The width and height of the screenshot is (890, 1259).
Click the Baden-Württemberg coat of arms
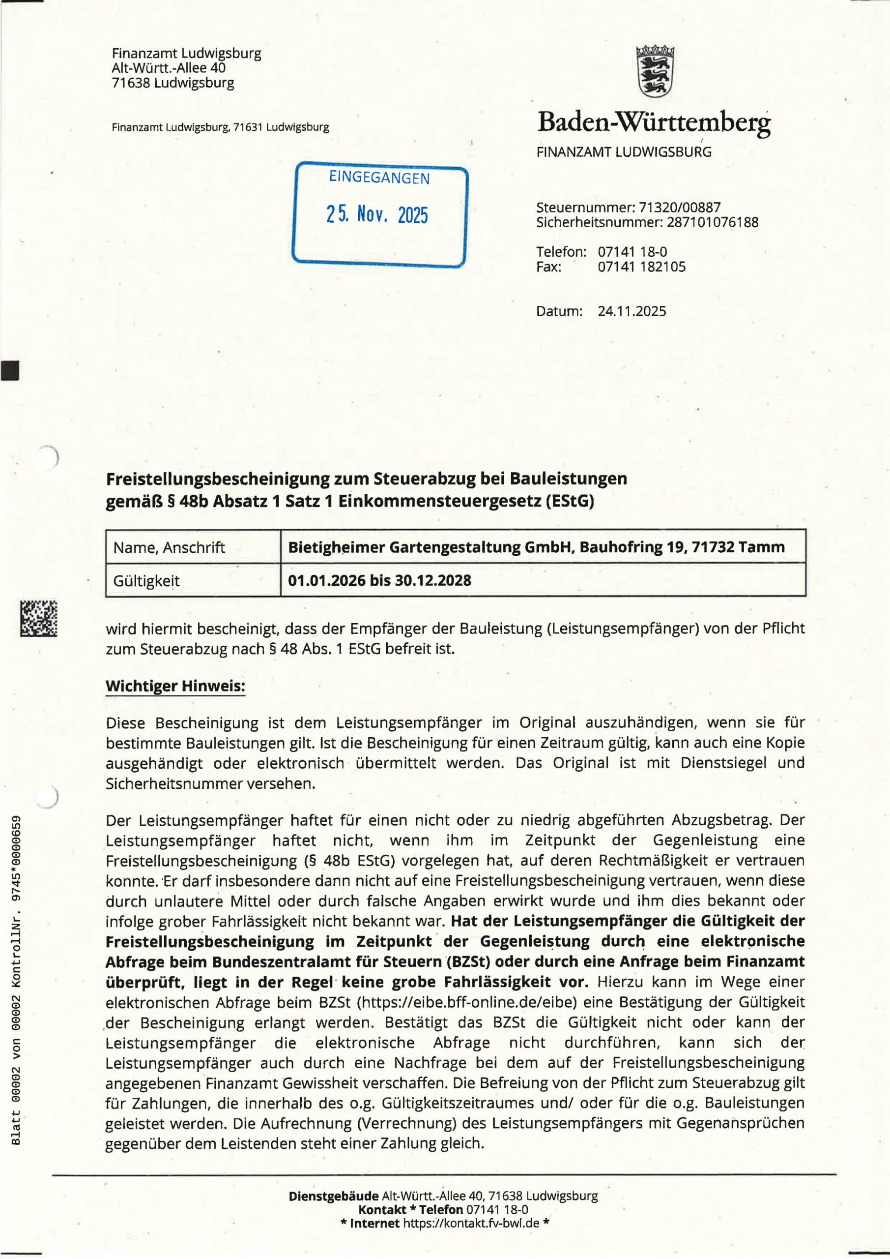[x=656, y=71]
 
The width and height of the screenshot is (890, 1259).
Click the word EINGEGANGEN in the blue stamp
[x=379, y=178]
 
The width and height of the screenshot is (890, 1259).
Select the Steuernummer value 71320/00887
[x=680, y=208]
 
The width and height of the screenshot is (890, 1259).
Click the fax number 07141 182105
[x=641, y=267]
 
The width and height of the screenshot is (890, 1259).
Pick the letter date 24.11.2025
[x=632, y=311]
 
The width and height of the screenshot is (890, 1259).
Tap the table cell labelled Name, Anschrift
[x=170, y=547]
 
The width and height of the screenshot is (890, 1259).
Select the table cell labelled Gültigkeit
[x=146, y=580]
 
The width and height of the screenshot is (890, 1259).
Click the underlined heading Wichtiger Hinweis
[x=175, y=686]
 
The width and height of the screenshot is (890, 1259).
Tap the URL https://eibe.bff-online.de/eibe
[x=467, y=1003]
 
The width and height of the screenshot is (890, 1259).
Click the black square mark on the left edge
[x=9, y=370]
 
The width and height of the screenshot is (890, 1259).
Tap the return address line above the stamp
[x=220, y=128]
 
